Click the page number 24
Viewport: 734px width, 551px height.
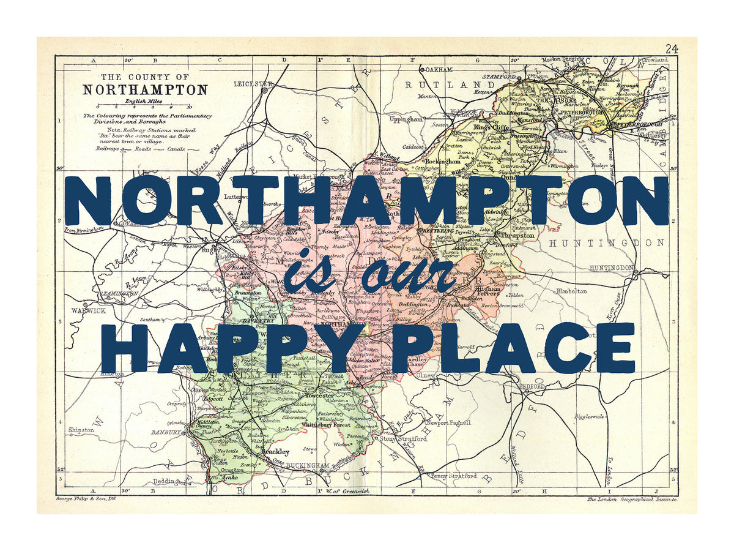tap(672, 49)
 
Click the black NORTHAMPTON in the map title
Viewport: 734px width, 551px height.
tap(145, 89)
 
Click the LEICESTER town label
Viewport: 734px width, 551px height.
tap(253, 83)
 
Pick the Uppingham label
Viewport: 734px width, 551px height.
tap(406, 120)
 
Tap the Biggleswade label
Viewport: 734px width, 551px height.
tap(590, 416)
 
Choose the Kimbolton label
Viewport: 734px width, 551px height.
tap(571, 291)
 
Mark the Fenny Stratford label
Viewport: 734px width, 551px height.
tap(454, 476)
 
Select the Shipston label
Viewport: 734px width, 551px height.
tap(81, 430)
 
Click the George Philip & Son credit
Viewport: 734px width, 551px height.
tap(86, 499)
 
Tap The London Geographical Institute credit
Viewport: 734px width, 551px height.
tap(631, 500)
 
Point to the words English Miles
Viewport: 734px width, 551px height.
tap(144, 100)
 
